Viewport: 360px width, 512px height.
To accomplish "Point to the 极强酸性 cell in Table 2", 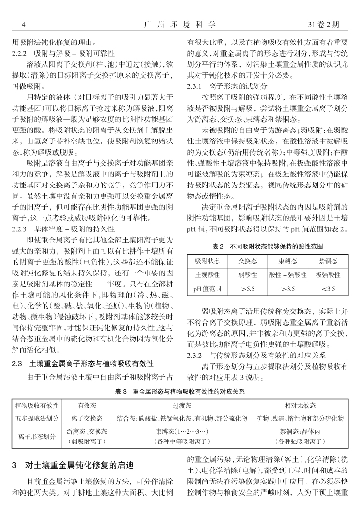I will [x=327, y=275].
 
